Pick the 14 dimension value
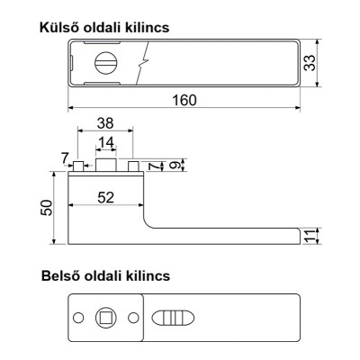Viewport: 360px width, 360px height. pyautogui.click(x=106, y=142)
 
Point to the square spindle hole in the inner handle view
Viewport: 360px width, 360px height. pyautogui.click(x=106, y=318)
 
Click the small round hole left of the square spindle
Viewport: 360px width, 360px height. pyautogui.click(x=80, y=318)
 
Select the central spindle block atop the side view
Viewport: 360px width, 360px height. pyautogui.click(x=106, y=166)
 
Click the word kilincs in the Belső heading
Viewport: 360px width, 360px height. pyautogui.click(x=144, y=274)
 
